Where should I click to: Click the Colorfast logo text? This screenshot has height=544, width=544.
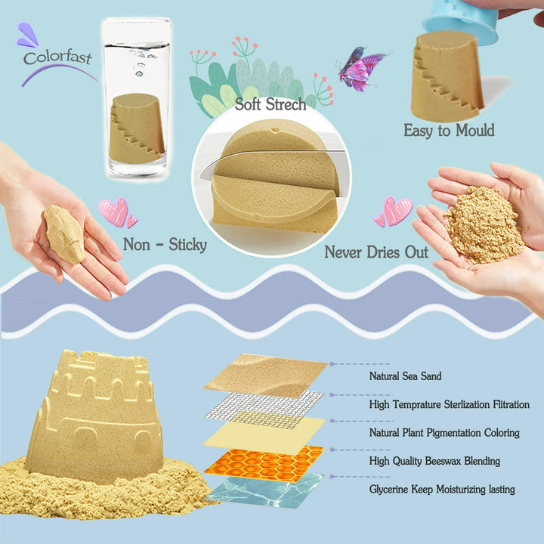coord(57,57)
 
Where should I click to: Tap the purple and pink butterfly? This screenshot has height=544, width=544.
coord(361,69)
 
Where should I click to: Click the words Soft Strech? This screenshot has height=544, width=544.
coord(270,104)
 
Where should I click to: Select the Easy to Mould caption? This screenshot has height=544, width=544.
coord(449,131)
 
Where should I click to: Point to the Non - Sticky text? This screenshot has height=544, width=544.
coord(165,245)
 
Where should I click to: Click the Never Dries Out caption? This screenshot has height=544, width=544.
coord(376,252)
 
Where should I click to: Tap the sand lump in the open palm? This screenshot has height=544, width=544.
coord(64,233)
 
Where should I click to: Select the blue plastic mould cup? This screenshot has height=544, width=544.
coord(462,21)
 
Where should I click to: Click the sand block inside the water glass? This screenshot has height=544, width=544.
coord(137,129)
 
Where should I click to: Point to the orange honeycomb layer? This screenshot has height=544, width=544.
coord(264,463)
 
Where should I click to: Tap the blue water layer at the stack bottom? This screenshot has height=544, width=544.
coord(265,490)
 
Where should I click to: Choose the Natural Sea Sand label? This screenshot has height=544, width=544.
coord(405,376)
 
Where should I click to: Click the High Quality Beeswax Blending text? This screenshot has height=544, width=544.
coord(434,461)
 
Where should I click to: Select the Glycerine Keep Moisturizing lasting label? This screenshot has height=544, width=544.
coord(442,490)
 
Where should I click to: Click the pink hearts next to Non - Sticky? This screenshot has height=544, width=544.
coord(118,213)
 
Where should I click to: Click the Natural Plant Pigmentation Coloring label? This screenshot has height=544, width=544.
coord(444,433)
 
